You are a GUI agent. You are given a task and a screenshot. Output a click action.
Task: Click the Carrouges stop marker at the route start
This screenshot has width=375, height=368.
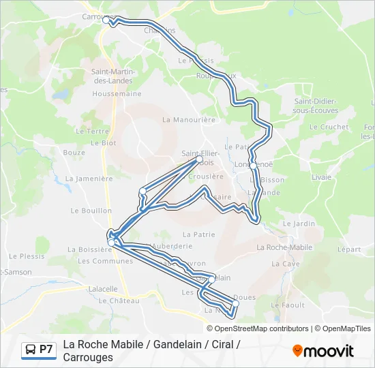(x=106, y=20)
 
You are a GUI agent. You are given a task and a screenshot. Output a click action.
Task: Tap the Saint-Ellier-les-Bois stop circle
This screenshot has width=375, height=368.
(x=200, y=159)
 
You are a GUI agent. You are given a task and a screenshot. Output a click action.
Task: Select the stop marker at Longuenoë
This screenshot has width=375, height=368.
(x=253, y=166)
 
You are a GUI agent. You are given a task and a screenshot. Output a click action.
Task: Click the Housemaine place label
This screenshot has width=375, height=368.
(x=117, y=93)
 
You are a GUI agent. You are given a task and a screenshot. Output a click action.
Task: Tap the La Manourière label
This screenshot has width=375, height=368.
(x=189, y=119)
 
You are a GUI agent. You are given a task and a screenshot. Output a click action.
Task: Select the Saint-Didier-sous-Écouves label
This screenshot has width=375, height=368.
(x=315, y=106)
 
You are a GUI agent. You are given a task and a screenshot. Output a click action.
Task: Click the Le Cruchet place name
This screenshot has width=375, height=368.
(x=329, y=127)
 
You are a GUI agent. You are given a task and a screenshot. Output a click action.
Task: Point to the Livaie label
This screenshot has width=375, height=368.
(x=321, y=177)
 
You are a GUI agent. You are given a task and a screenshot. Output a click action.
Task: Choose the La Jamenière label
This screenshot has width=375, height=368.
(x=89, y=179)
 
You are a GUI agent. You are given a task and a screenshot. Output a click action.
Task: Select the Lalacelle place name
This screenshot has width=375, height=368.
(x=103, y=289)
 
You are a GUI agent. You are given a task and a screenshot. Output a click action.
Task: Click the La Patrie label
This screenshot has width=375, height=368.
(x=198, y=234)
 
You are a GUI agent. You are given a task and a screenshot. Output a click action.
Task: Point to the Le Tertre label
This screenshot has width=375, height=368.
(x=93, y=132)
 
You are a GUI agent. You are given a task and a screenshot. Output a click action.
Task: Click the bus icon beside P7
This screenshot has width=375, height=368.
(x=31, y=350)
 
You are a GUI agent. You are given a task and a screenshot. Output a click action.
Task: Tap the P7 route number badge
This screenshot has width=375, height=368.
(x=46, y=350)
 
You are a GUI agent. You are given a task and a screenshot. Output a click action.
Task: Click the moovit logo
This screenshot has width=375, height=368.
(x=323, y=351)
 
